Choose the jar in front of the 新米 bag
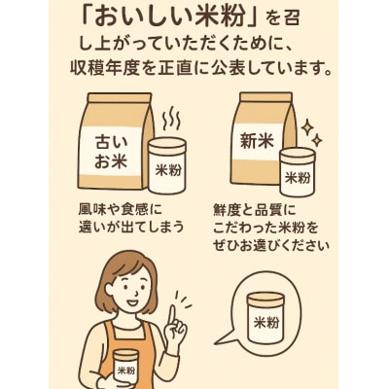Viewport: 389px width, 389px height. coord(297,170)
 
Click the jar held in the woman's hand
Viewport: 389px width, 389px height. coord(125,368)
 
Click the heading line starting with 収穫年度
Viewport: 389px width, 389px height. coord(194,70)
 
